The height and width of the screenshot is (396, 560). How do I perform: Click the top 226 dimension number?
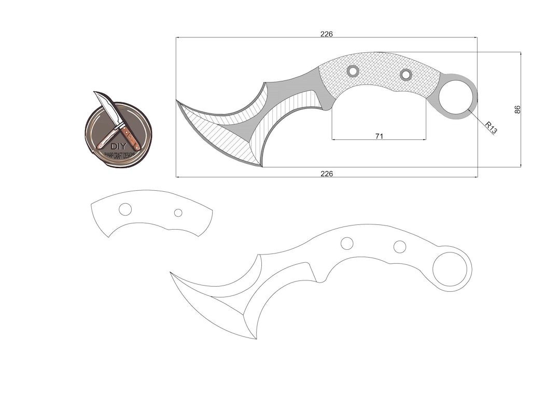coord(326,34)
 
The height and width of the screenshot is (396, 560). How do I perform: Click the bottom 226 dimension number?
coord(326,174)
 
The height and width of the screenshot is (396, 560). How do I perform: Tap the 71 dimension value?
coord(379,136)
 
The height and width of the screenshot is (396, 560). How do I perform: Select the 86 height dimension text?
coord(517,109)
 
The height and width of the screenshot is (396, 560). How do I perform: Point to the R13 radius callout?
coord(491,128)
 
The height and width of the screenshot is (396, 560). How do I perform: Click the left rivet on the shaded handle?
coord(353,70)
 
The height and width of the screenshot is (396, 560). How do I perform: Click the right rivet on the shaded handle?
coord(405,75)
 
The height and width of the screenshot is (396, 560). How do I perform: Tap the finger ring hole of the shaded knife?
coord(456,96)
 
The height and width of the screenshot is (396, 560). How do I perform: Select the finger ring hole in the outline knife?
coord(450,269)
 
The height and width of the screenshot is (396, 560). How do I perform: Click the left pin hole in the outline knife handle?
coord(347,243)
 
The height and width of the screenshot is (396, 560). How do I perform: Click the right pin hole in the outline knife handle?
coord(399,247)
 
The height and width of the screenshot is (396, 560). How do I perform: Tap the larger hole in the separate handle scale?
coord(125,209)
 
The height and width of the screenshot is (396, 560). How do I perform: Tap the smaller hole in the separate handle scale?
coord(178,213)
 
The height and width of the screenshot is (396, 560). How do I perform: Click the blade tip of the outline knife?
coord(172,273)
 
